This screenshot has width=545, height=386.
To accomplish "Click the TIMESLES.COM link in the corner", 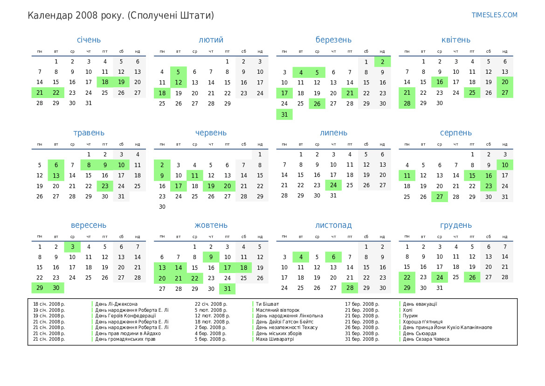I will pos(494,15).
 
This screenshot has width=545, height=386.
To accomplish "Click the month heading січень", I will pos(89,40).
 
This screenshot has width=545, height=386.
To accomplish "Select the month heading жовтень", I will pos(211,225).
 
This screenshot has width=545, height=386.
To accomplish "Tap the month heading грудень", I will pos(455,225).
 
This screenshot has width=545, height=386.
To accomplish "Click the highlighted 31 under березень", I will pos(284,114).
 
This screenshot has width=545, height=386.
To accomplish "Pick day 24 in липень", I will pos(333,185).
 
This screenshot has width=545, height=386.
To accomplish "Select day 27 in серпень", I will pos(440,197).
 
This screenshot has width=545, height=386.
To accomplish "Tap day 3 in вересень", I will pos(72,247).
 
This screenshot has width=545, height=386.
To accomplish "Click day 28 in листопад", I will pos(350,288).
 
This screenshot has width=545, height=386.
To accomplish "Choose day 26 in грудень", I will pos(472,278).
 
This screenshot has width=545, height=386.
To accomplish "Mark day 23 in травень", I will pos(105,186).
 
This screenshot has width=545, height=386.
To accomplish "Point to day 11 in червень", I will pos(194,175).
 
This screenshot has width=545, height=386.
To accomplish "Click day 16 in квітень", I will pos(440,82).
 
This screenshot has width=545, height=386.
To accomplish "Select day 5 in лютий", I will pos(178,72).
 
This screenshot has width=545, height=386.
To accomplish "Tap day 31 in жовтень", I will pos(227,288).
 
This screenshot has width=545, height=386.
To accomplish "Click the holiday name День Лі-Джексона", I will pos(116,304).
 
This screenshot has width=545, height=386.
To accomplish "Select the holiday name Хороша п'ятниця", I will pos(422,322).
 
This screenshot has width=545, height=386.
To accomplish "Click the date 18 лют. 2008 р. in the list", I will pos(212,322).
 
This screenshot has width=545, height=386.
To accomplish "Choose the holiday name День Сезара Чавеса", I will pos(426,339).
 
